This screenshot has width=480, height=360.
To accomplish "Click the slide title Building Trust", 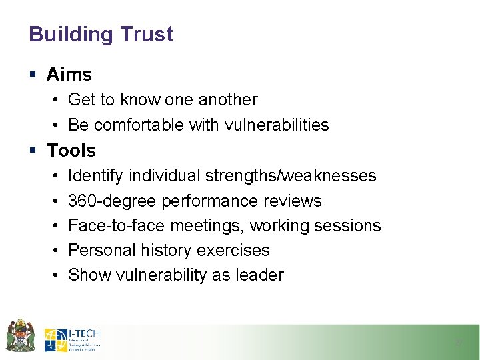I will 101,35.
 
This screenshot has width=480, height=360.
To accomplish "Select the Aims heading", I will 69,75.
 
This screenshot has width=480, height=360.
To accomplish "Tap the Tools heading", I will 71,151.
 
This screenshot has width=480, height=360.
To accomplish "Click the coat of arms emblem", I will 20,335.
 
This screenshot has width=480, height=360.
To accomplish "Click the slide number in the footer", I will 458,343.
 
